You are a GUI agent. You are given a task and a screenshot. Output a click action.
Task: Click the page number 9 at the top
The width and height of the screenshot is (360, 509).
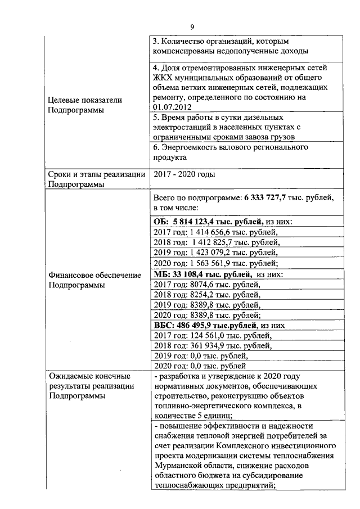pos(192,27)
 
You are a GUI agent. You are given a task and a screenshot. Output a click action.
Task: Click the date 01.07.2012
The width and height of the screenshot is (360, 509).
pos(172,107)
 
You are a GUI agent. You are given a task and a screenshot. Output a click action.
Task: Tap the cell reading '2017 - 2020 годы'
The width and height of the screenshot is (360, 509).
pos(183,174)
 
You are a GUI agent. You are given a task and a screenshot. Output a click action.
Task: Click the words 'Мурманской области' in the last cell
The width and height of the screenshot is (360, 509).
pos(188,466)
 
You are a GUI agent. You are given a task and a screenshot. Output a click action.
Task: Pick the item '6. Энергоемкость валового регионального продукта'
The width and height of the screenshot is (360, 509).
pos(231,152)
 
